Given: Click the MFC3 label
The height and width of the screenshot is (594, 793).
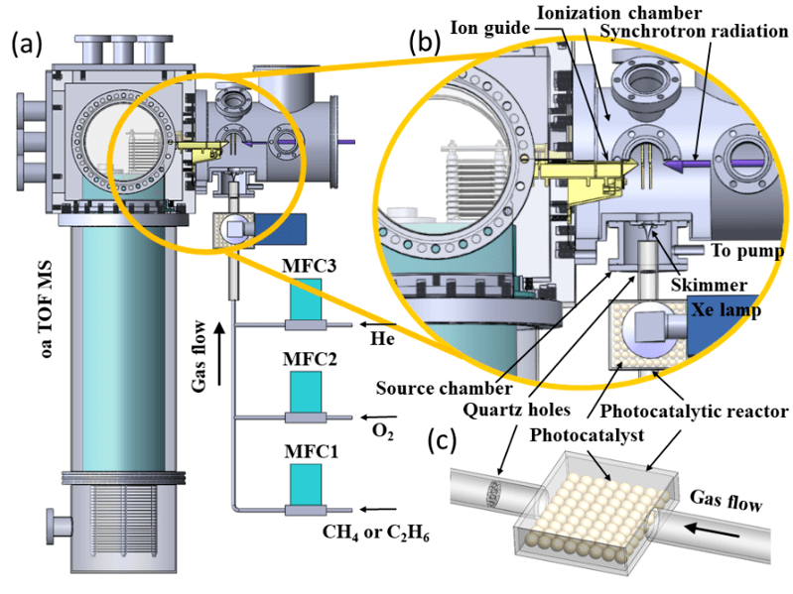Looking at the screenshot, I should (x=306, y=267).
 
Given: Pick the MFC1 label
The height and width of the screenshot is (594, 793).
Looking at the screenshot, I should (x=306, y=455).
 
